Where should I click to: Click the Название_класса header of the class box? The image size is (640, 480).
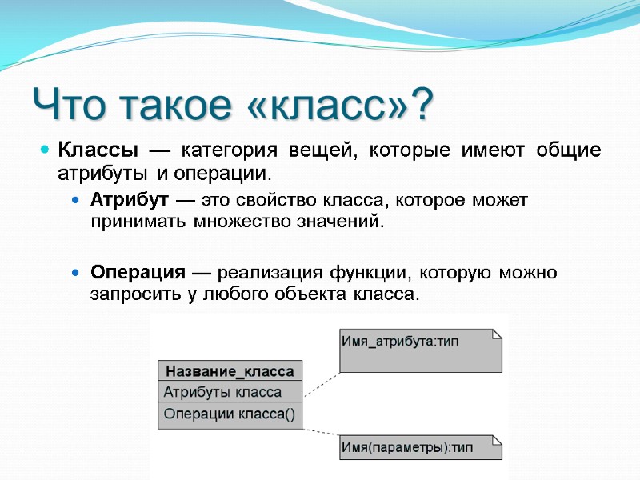tap(230, 371)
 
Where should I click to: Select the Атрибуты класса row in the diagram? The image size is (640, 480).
tap(223, 392)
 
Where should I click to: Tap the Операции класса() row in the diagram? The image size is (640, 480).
tap(230, 414)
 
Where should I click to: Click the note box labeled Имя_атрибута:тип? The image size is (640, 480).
tap(421, 350)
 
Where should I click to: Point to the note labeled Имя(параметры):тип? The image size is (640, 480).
tap(421, 446)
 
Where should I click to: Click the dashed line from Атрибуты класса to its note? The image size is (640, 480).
tap(322, 382)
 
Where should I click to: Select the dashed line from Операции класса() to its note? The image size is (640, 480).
tap(322, 430)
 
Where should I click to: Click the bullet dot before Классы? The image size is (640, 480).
tap(46, 150)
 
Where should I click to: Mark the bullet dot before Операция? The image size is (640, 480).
tap(76, 273)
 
